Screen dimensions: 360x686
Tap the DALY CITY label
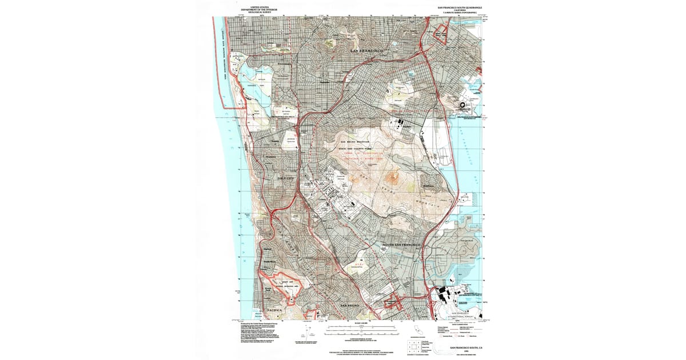pos(288,178)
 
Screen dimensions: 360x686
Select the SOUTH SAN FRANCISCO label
pos(398,245)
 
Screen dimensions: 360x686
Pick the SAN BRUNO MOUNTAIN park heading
pos(355,142)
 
